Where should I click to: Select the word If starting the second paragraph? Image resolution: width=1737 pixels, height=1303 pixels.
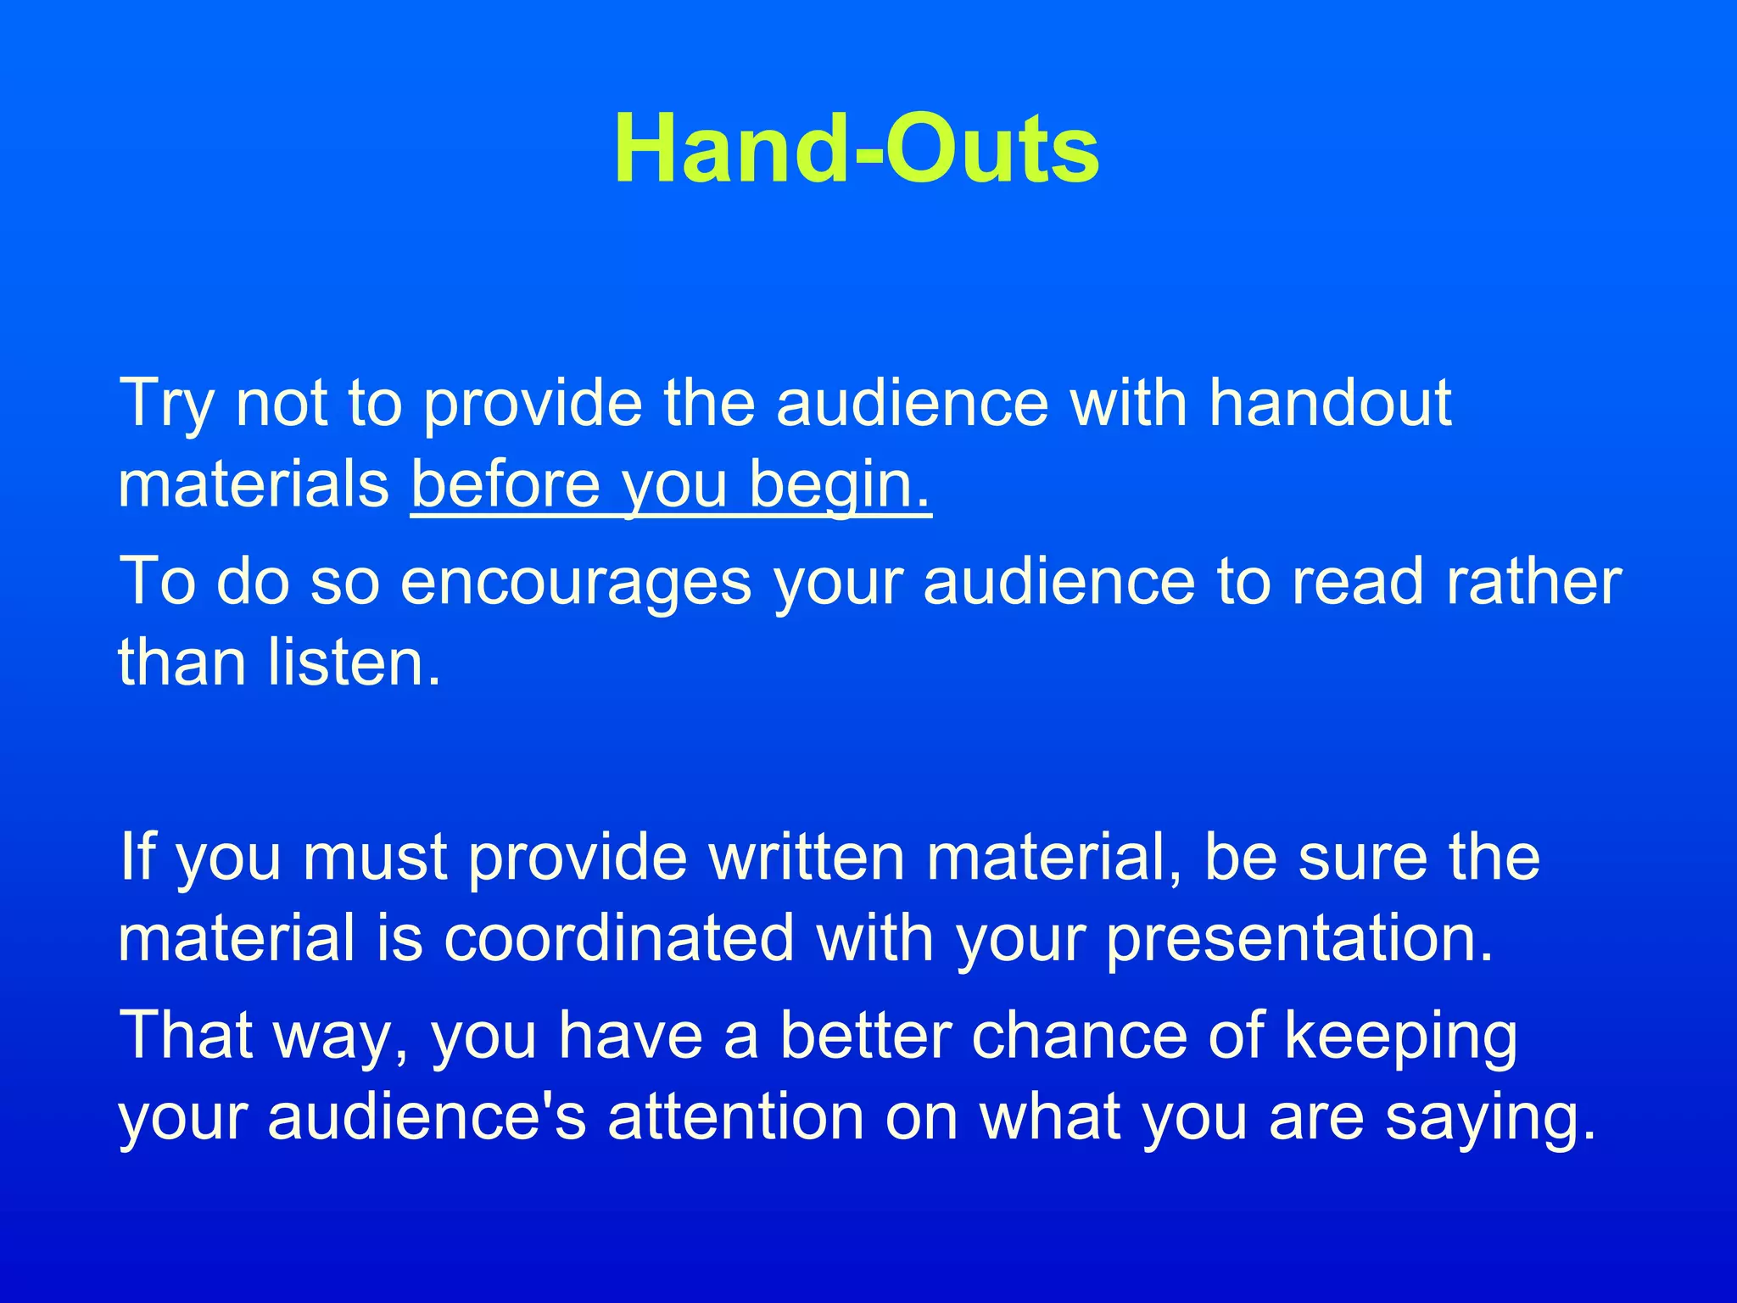pos(136,857)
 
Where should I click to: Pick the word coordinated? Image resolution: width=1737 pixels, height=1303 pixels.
pos(619,938)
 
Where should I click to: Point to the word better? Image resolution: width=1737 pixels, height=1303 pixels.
pos(865,1035)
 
